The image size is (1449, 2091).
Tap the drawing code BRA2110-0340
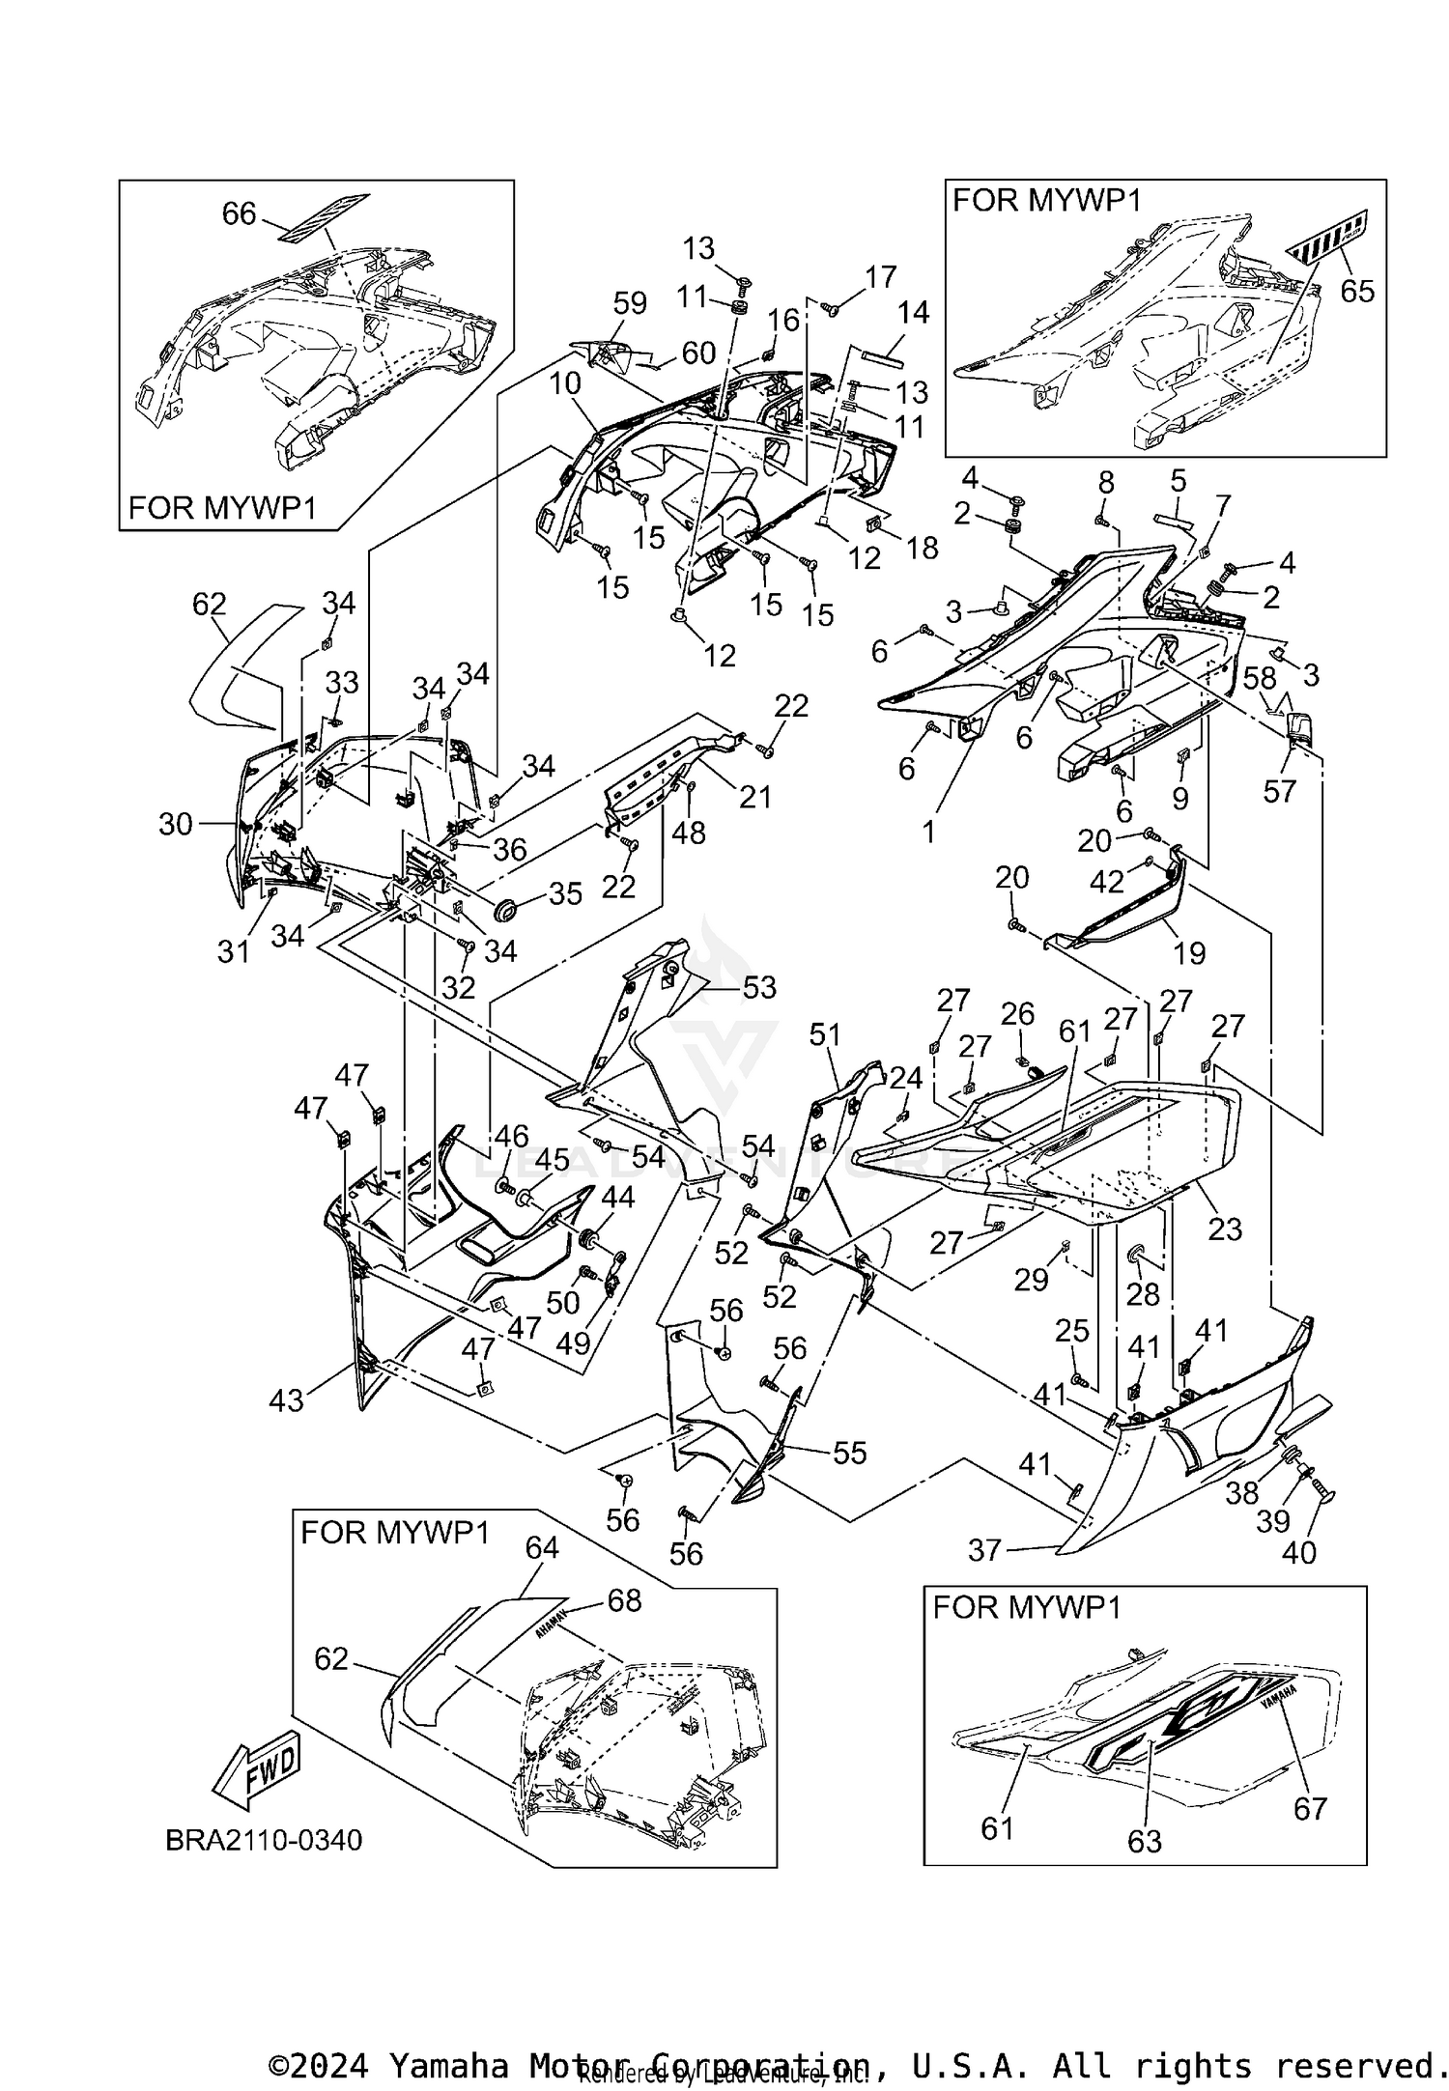264,1840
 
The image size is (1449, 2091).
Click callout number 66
240,213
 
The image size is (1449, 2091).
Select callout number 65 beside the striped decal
1357,290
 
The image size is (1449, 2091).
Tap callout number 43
286,1400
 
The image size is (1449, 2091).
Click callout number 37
985,1550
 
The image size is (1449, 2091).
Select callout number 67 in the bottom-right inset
1310,1808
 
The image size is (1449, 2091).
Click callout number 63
1145,1842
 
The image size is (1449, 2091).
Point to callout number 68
624,1601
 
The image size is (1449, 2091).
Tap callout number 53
759,987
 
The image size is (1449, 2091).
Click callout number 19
1189,953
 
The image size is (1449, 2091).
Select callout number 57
1280,791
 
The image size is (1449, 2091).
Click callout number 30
176,824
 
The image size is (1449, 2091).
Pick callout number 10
565,383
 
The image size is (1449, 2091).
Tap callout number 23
1225,1229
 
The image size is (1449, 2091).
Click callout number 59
630,304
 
